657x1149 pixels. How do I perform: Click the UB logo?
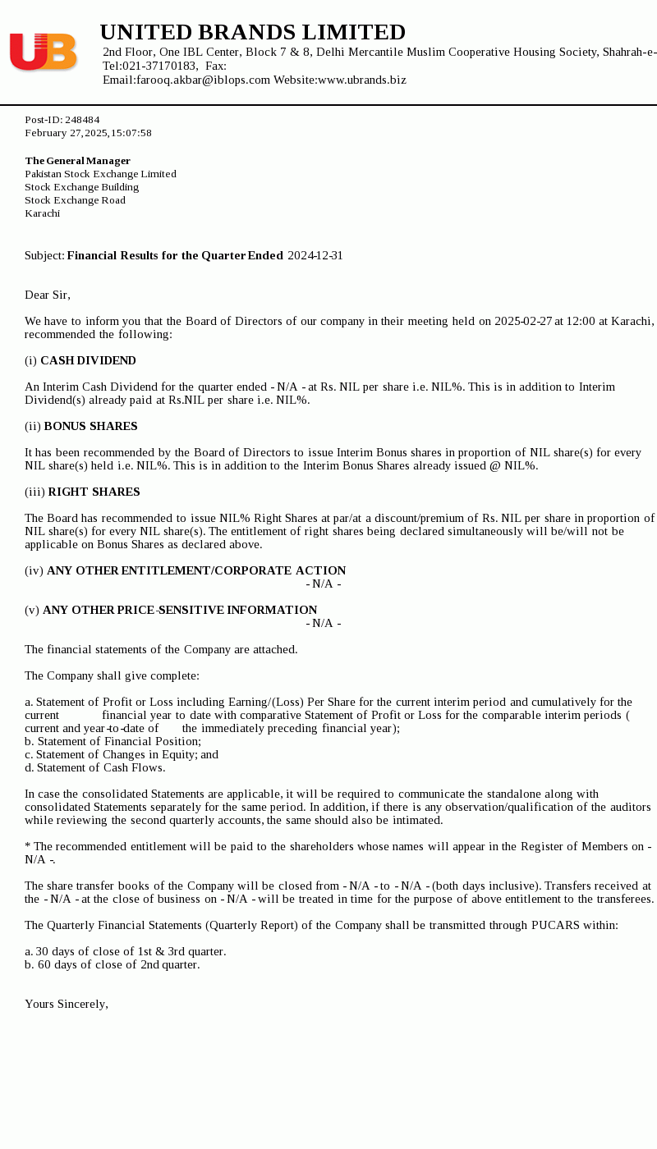[x=43, y=52]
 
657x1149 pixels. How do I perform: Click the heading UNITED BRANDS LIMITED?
[x=253, y=33]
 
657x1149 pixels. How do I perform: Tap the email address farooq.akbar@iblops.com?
[x=203, y=80]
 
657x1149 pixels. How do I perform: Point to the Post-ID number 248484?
[x=82, y=120]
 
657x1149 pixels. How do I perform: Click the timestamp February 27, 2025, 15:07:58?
[x=88, y=133]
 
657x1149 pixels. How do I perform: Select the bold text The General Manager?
[x=77, y=161]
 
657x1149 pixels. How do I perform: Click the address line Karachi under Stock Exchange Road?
[x=42, y=213]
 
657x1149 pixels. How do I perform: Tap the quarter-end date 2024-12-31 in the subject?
[x=315, y=255]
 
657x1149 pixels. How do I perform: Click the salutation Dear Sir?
[x=48, y=295]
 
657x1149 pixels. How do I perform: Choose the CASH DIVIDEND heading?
[x=88, y=360]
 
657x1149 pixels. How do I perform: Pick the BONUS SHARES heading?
[x=90, y=426]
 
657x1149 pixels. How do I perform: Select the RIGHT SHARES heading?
[x=94, y=492]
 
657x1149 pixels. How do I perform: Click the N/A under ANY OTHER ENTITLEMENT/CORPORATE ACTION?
[x=324, y=584]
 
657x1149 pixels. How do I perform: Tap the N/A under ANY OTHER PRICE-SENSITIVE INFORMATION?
[x=324, y=623]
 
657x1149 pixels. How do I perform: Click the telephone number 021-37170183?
[x=160, y=66]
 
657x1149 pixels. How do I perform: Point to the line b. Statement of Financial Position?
[x=113, y=741]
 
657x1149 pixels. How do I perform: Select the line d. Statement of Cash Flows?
[x=94, y=767]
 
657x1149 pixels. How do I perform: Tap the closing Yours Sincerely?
[x=67, y=1004]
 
